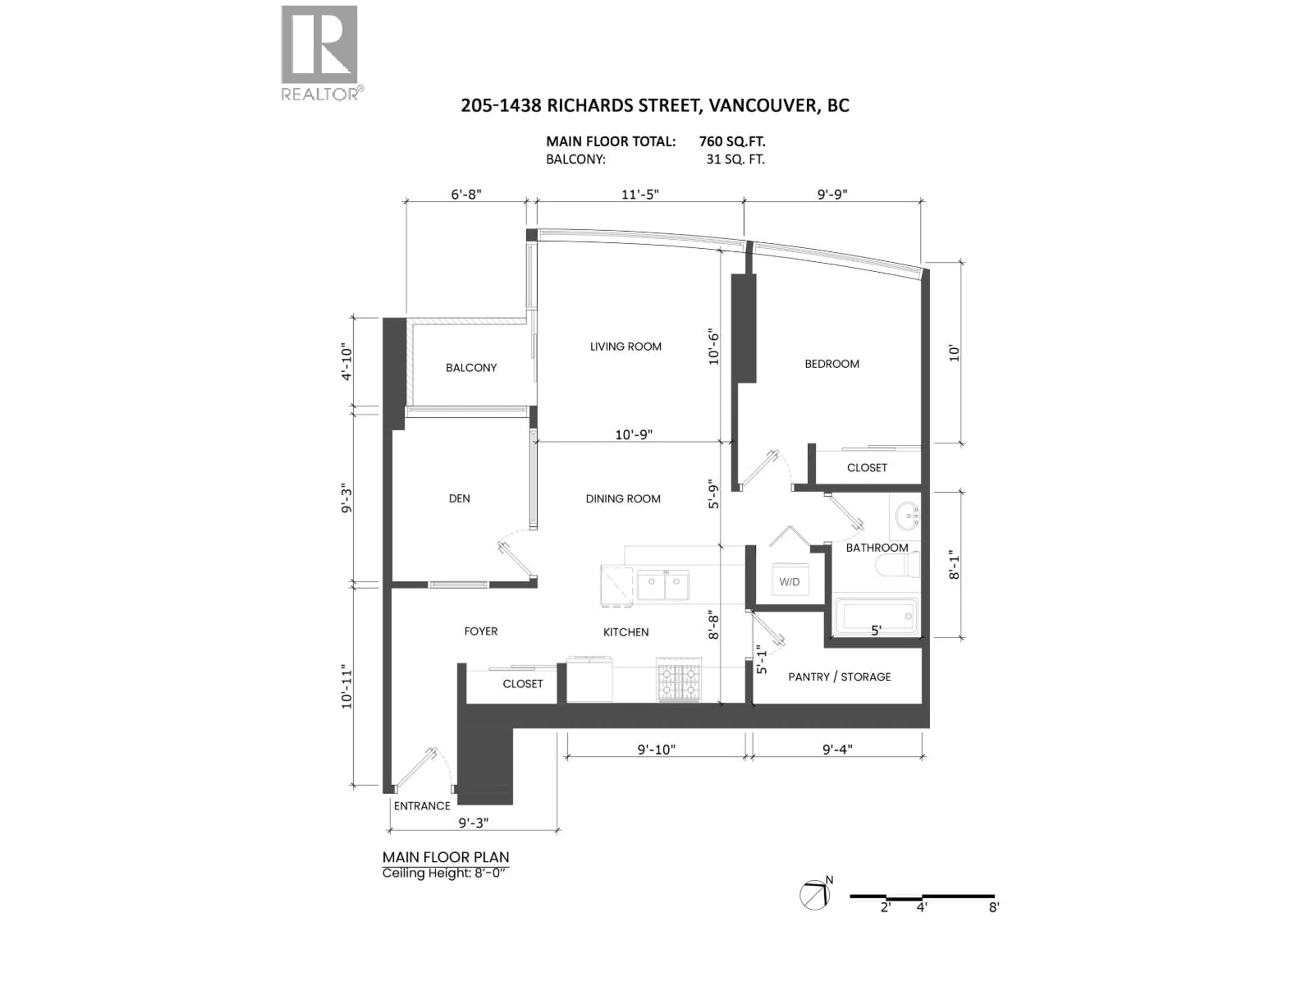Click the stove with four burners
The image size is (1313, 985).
tap(678, 680)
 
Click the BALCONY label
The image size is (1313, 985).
tap(471, 368)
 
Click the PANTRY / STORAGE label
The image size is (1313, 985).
tap(839, 677)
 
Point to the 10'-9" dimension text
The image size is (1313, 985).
tap(633, 435)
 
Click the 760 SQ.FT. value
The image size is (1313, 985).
tap(732, 141)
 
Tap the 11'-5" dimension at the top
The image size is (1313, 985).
tap(640, 195)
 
